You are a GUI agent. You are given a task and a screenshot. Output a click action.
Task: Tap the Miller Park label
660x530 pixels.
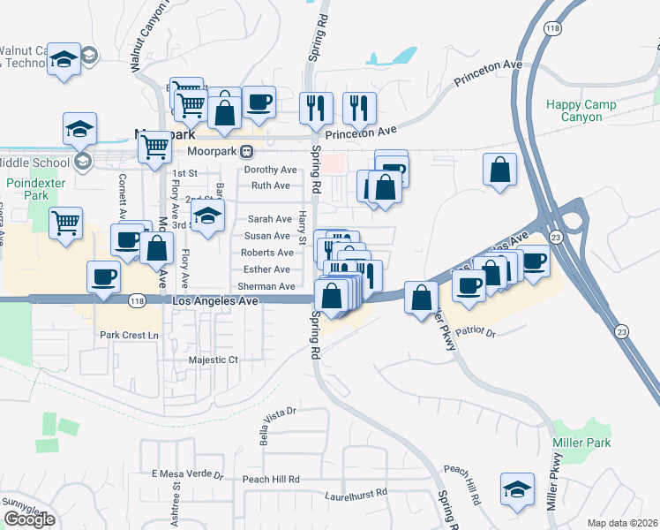pyautogui.click(x=581, y=443)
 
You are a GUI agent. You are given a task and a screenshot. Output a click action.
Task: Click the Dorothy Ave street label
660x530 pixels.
pyautogui.click(x=270, y=170)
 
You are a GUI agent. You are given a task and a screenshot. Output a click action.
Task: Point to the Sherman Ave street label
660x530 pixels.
pyautogui.click(x=266, y=286)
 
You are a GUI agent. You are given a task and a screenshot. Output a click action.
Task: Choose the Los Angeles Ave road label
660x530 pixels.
pyautogui.click(x=215, y=301)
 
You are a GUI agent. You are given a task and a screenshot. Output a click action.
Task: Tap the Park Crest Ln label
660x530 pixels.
pyautogui.click(x=129, y=335)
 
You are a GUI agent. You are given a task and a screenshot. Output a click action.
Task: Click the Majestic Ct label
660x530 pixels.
pyautogui.click(x=214, y=360)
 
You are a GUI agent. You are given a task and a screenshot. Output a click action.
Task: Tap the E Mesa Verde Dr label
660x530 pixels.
pyautogui.click(x=187, y=473)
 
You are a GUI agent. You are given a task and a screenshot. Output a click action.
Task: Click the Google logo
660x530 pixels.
pyautogui.click(x=29, y=519)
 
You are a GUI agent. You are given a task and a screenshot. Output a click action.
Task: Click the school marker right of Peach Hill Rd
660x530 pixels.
pyautogui.click(x=517, y=489)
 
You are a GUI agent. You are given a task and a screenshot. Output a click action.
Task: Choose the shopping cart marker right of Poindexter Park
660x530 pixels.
pyautogui.click(x=66, y=223)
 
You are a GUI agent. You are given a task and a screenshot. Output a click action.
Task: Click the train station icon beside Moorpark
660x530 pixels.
pyautogui.click(x=247, y=151)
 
